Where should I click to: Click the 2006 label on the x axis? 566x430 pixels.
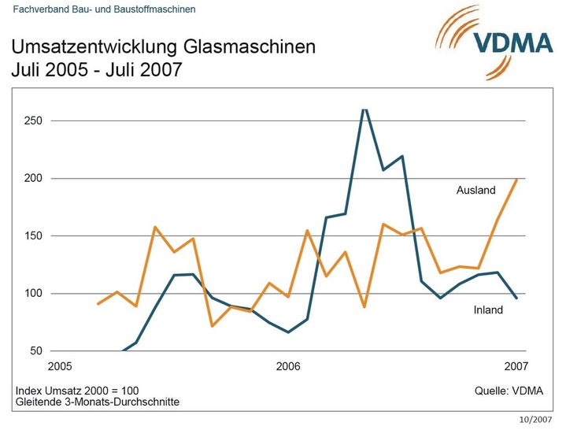point(288,366)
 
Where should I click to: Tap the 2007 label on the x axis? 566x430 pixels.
point(516,366)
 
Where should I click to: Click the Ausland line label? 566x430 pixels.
point(476,191)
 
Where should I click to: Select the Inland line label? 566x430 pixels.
point(488,310)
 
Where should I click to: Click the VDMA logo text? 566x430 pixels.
point(512,42)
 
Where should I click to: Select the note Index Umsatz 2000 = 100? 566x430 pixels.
point(77,391)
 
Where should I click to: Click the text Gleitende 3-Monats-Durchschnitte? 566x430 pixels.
point(98,402)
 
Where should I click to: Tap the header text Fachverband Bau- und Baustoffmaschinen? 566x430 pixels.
point(105,9)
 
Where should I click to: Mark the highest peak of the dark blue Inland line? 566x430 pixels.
point(364,110)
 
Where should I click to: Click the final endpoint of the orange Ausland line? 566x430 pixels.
point(516,179)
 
